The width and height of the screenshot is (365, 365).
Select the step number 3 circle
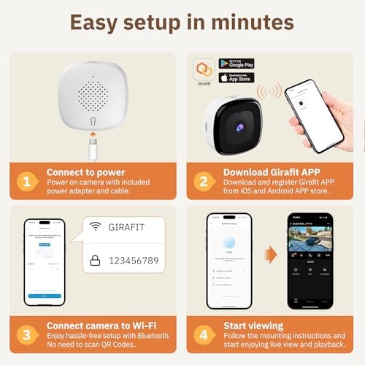tap(26, 334)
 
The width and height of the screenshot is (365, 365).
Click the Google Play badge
tap(237, 64)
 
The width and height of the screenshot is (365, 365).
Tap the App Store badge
tap(237, 77)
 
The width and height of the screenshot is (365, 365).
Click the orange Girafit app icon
tap(204, 69)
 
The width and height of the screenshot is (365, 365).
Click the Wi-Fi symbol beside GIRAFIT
tap(95, 226)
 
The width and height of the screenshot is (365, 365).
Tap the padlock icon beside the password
tap(95, 259)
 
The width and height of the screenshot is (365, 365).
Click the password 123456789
tap(141, 260)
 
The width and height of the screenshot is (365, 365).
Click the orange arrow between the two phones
tap(270, 255)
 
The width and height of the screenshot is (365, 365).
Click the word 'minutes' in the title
tap(240, 22)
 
